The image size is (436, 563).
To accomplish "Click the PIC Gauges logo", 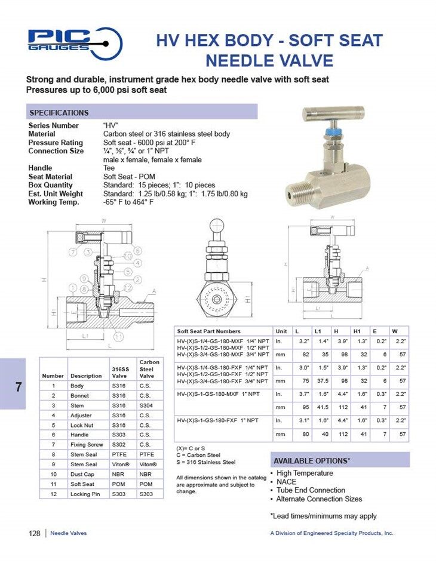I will tap(75, 42).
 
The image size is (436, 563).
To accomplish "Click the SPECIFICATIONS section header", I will tap(59, 113).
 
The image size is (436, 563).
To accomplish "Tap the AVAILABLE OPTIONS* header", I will tap(312, 461).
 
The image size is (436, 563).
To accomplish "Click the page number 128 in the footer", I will tap(34, 533).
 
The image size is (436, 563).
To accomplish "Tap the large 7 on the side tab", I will tap(19, 387).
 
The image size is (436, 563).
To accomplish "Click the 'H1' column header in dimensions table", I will tap(357, 331).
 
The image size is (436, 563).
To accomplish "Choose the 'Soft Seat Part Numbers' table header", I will tap(208, 331).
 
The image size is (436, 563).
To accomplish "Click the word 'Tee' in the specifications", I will tap(109, 168).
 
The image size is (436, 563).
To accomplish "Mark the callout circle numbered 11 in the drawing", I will tap(119, 337).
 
